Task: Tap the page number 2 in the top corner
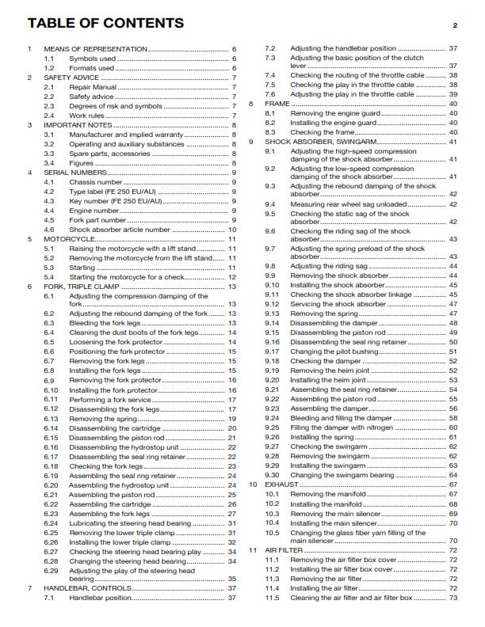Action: (455, 25)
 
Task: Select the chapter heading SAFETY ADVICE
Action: (73, 77)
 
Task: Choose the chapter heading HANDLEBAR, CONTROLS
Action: (92, 588)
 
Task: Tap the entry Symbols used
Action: (92, 58)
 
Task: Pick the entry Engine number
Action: (96, 210)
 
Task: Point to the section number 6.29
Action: (51, 570)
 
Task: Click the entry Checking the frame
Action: (323, 132)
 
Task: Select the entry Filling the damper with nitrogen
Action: (347, 427)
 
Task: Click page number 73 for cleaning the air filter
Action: (453, 597)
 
